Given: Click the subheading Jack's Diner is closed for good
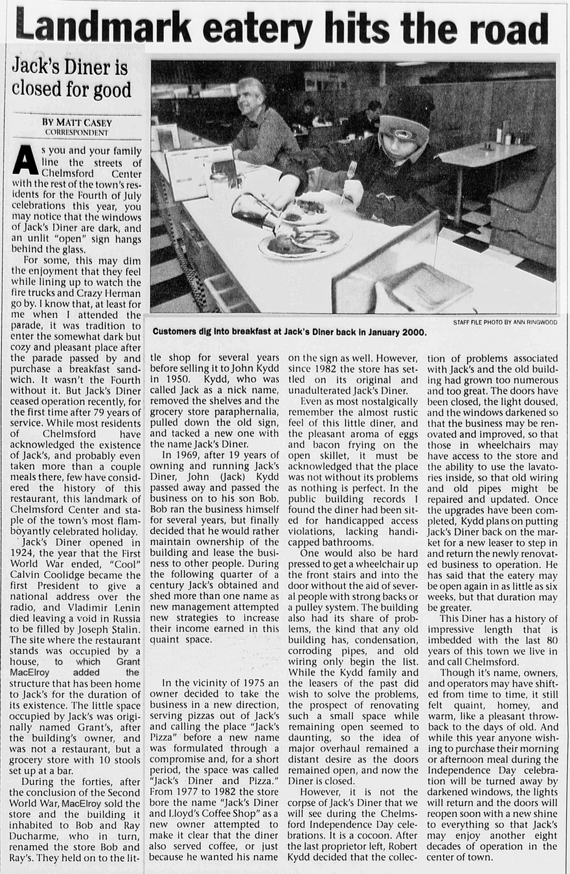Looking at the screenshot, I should pos(71,77).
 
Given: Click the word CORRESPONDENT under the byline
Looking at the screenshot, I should pos(76,132).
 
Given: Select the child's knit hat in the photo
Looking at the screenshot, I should pos(406,116).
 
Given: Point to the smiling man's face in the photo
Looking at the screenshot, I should pos(249,98).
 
